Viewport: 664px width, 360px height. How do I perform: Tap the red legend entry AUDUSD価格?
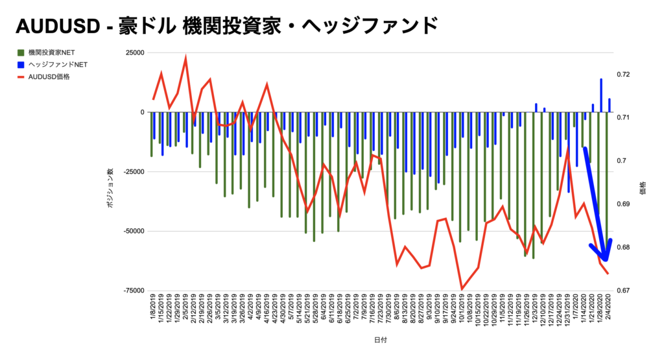coord(49,77)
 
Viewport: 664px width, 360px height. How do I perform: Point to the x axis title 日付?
coord(381,339)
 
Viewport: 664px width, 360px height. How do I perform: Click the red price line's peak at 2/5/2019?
coord(186,58)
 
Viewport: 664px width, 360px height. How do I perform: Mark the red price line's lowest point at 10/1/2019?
coord(462,289)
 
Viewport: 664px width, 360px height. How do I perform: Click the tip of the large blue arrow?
coord(606,260)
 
